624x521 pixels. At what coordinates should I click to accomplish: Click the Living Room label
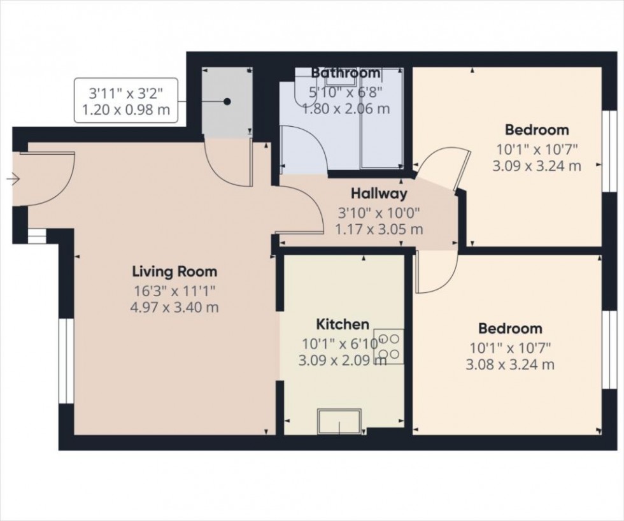click(174, 272)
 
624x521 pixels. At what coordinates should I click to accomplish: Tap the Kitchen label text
click(344, 325)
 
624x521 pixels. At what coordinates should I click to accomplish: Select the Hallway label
click(379, 194)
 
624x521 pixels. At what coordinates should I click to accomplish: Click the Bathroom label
click(346, 73)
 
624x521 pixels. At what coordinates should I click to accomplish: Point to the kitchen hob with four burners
click(388, 346)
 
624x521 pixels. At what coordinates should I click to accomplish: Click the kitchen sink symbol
click(339, 420)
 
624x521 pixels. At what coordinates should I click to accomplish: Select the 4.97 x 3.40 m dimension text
click(174, 308)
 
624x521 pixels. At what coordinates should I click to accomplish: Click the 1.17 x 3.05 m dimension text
click(379, 229)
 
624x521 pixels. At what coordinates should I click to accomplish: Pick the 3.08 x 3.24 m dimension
click(511, 365)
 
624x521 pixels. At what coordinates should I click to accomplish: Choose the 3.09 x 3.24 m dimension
click(537, 167)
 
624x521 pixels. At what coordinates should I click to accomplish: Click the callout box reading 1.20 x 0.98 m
click(126, 101)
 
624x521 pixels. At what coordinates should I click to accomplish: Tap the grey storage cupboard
click(227, 102)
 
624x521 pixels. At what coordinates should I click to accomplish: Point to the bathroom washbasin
click(341, 77)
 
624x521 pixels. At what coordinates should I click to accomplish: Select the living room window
click(64, 360)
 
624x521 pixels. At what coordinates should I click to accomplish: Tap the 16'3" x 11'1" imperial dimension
click(174, 291)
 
